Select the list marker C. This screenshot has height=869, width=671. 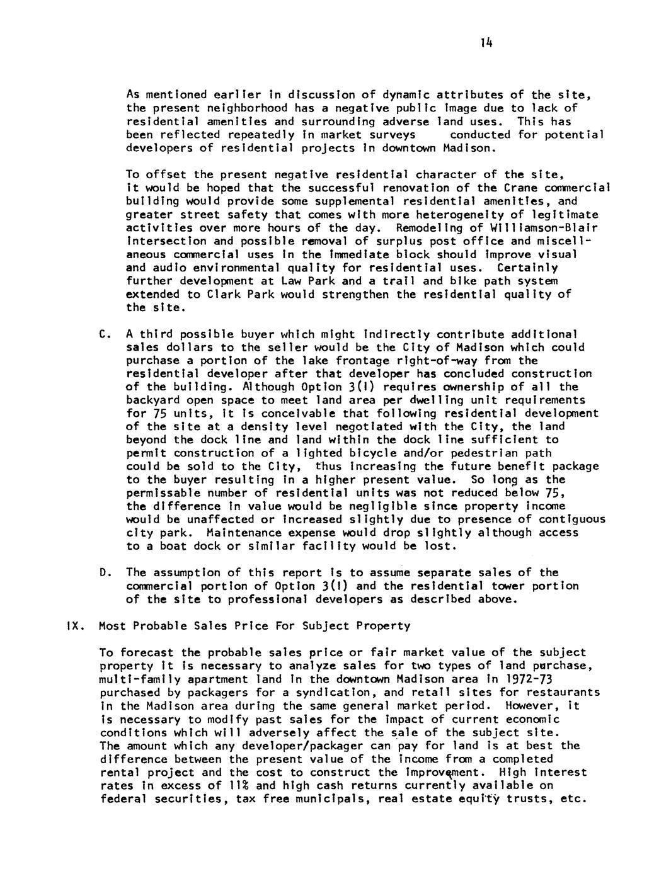[x=103, y=334]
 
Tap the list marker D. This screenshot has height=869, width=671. [x=103, y=572]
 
